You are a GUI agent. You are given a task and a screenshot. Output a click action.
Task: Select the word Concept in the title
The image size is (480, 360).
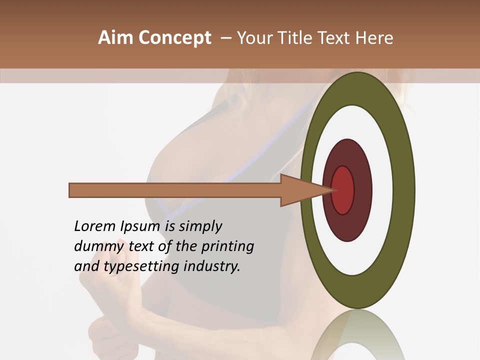click(174, 38)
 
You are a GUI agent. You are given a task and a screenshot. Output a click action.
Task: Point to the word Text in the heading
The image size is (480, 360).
click(334, 38)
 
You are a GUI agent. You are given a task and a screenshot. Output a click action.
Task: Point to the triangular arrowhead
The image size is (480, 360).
click(300, 190)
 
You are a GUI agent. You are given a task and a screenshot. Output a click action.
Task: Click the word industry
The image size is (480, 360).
click(212, 267)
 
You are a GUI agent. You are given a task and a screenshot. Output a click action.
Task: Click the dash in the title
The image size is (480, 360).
click(226, 38)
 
